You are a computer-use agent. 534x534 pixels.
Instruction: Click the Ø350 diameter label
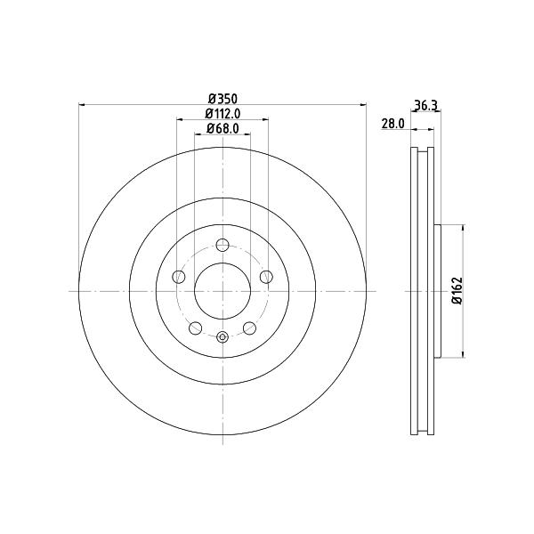pos(222,99)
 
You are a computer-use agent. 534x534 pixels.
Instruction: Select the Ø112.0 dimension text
pos(222,113)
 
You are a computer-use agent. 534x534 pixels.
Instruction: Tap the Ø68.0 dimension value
pos(222,128)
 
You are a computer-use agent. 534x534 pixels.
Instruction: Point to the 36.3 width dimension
pos(425,105)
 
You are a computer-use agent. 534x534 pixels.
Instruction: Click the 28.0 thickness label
pos(392,124)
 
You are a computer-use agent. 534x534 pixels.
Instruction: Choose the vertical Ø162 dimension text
pos(457,290)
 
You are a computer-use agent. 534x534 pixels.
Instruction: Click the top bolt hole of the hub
pos(222,245)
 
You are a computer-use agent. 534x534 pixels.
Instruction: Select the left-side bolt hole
pos(179,277)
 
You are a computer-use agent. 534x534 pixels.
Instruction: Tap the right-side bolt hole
pos(266,277)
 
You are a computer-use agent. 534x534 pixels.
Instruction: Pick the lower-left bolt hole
pos(196,328)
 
